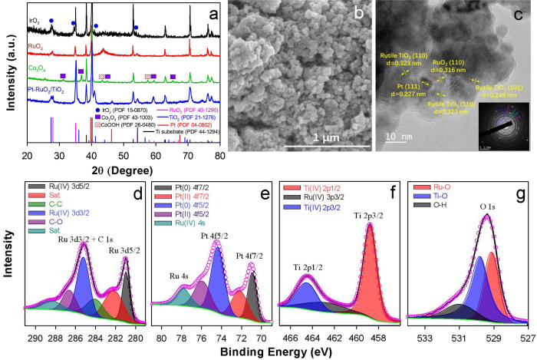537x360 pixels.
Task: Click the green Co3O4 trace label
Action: pos(39,69)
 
